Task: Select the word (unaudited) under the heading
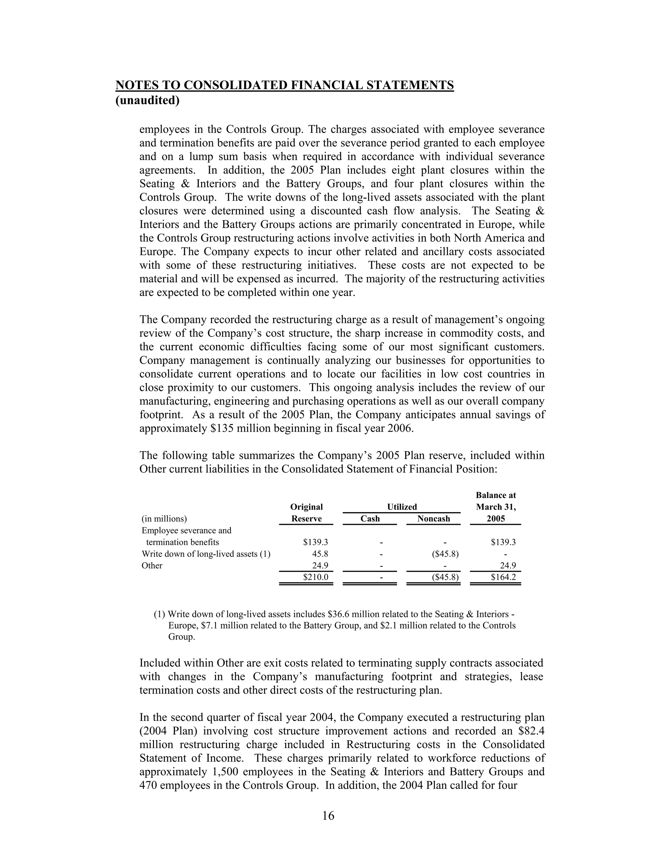click(148, 100)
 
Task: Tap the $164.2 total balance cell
click(503, 577)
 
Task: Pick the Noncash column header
click(434, 519)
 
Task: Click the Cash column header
click(370, 519)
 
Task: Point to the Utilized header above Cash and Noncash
click(402, 507)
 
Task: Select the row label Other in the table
click(152, 566)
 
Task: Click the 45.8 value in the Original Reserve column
click(320, 554)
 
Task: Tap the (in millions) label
click(164, 519)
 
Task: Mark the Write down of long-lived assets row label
click(206, 554)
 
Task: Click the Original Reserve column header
click(306, 513)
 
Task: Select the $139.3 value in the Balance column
click(503, 542)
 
